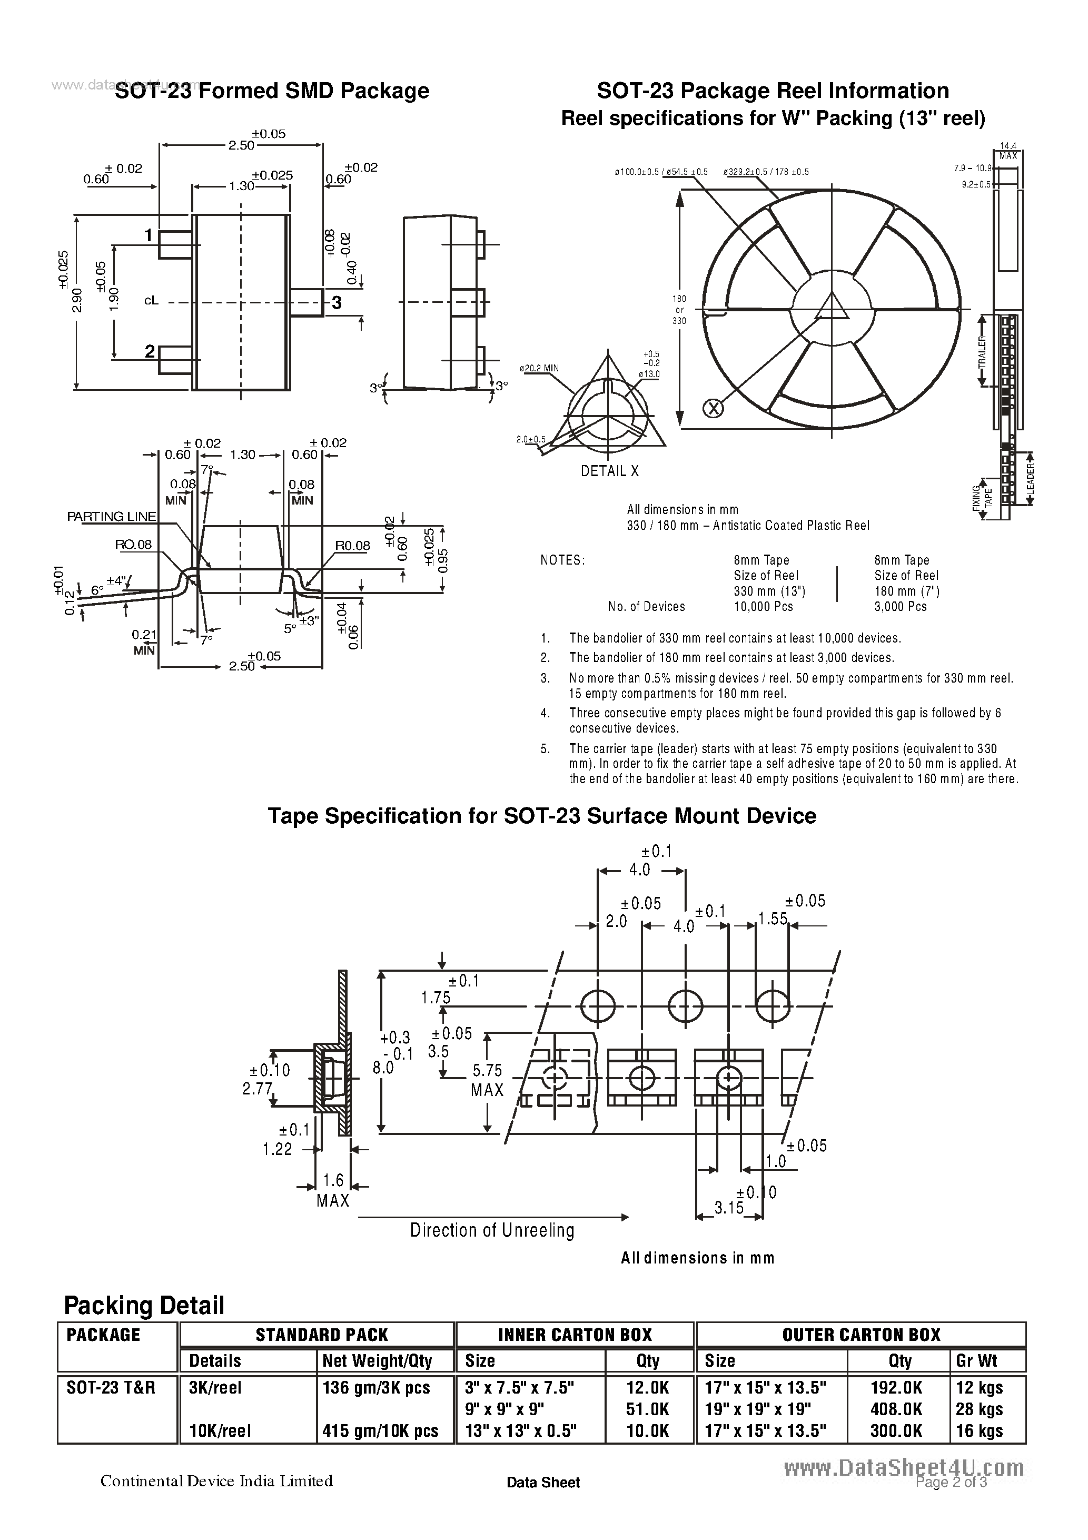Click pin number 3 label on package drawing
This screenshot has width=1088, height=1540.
coord(337,302)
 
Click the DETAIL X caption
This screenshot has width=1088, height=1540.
coord(609,471)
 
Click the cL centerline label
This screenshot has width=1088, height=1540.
coord(151,301)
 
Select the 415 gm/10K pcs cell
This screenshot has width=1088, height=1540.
coord(380,1430)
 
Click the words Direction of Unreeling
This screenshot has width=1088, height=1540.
coord(492,1230)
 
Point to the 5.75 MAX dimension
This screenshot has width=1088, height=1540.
coord(487,1080)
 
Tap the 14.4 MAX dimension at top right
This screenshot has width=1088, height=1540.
coord(1008,151)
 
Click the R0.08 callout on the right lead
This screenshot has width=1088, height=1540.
coord(352,545)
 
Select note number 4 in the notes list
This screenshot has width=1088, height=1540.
coord(546,713)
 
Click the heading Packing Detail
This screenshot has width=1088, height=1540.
coord(144,1305)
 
